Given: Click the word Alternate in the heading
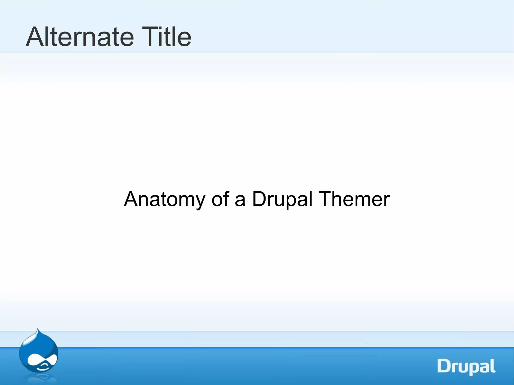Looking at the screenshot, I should pos(80,37).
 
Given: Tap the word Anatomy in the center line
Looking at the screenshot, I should pos(165,199).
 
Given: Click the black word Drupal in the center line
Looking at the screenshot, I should pos(282,199).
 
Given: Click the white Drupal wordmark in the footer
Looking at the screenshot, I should pos(466,367).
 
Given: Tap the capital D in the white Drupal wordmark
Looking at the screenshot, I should pos(445,366).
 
